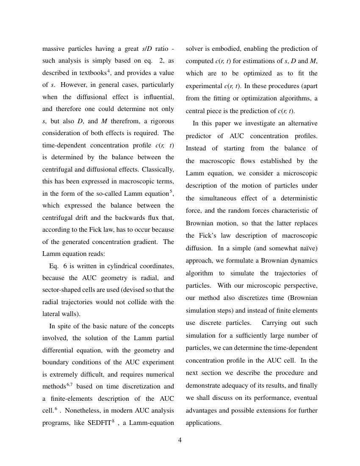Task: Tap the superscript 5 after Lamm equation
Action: click(x=171, y=191)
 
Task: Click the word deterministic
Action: click(x=297, y=198)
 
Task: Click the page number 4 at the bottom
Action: click(x=180, y=440)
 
